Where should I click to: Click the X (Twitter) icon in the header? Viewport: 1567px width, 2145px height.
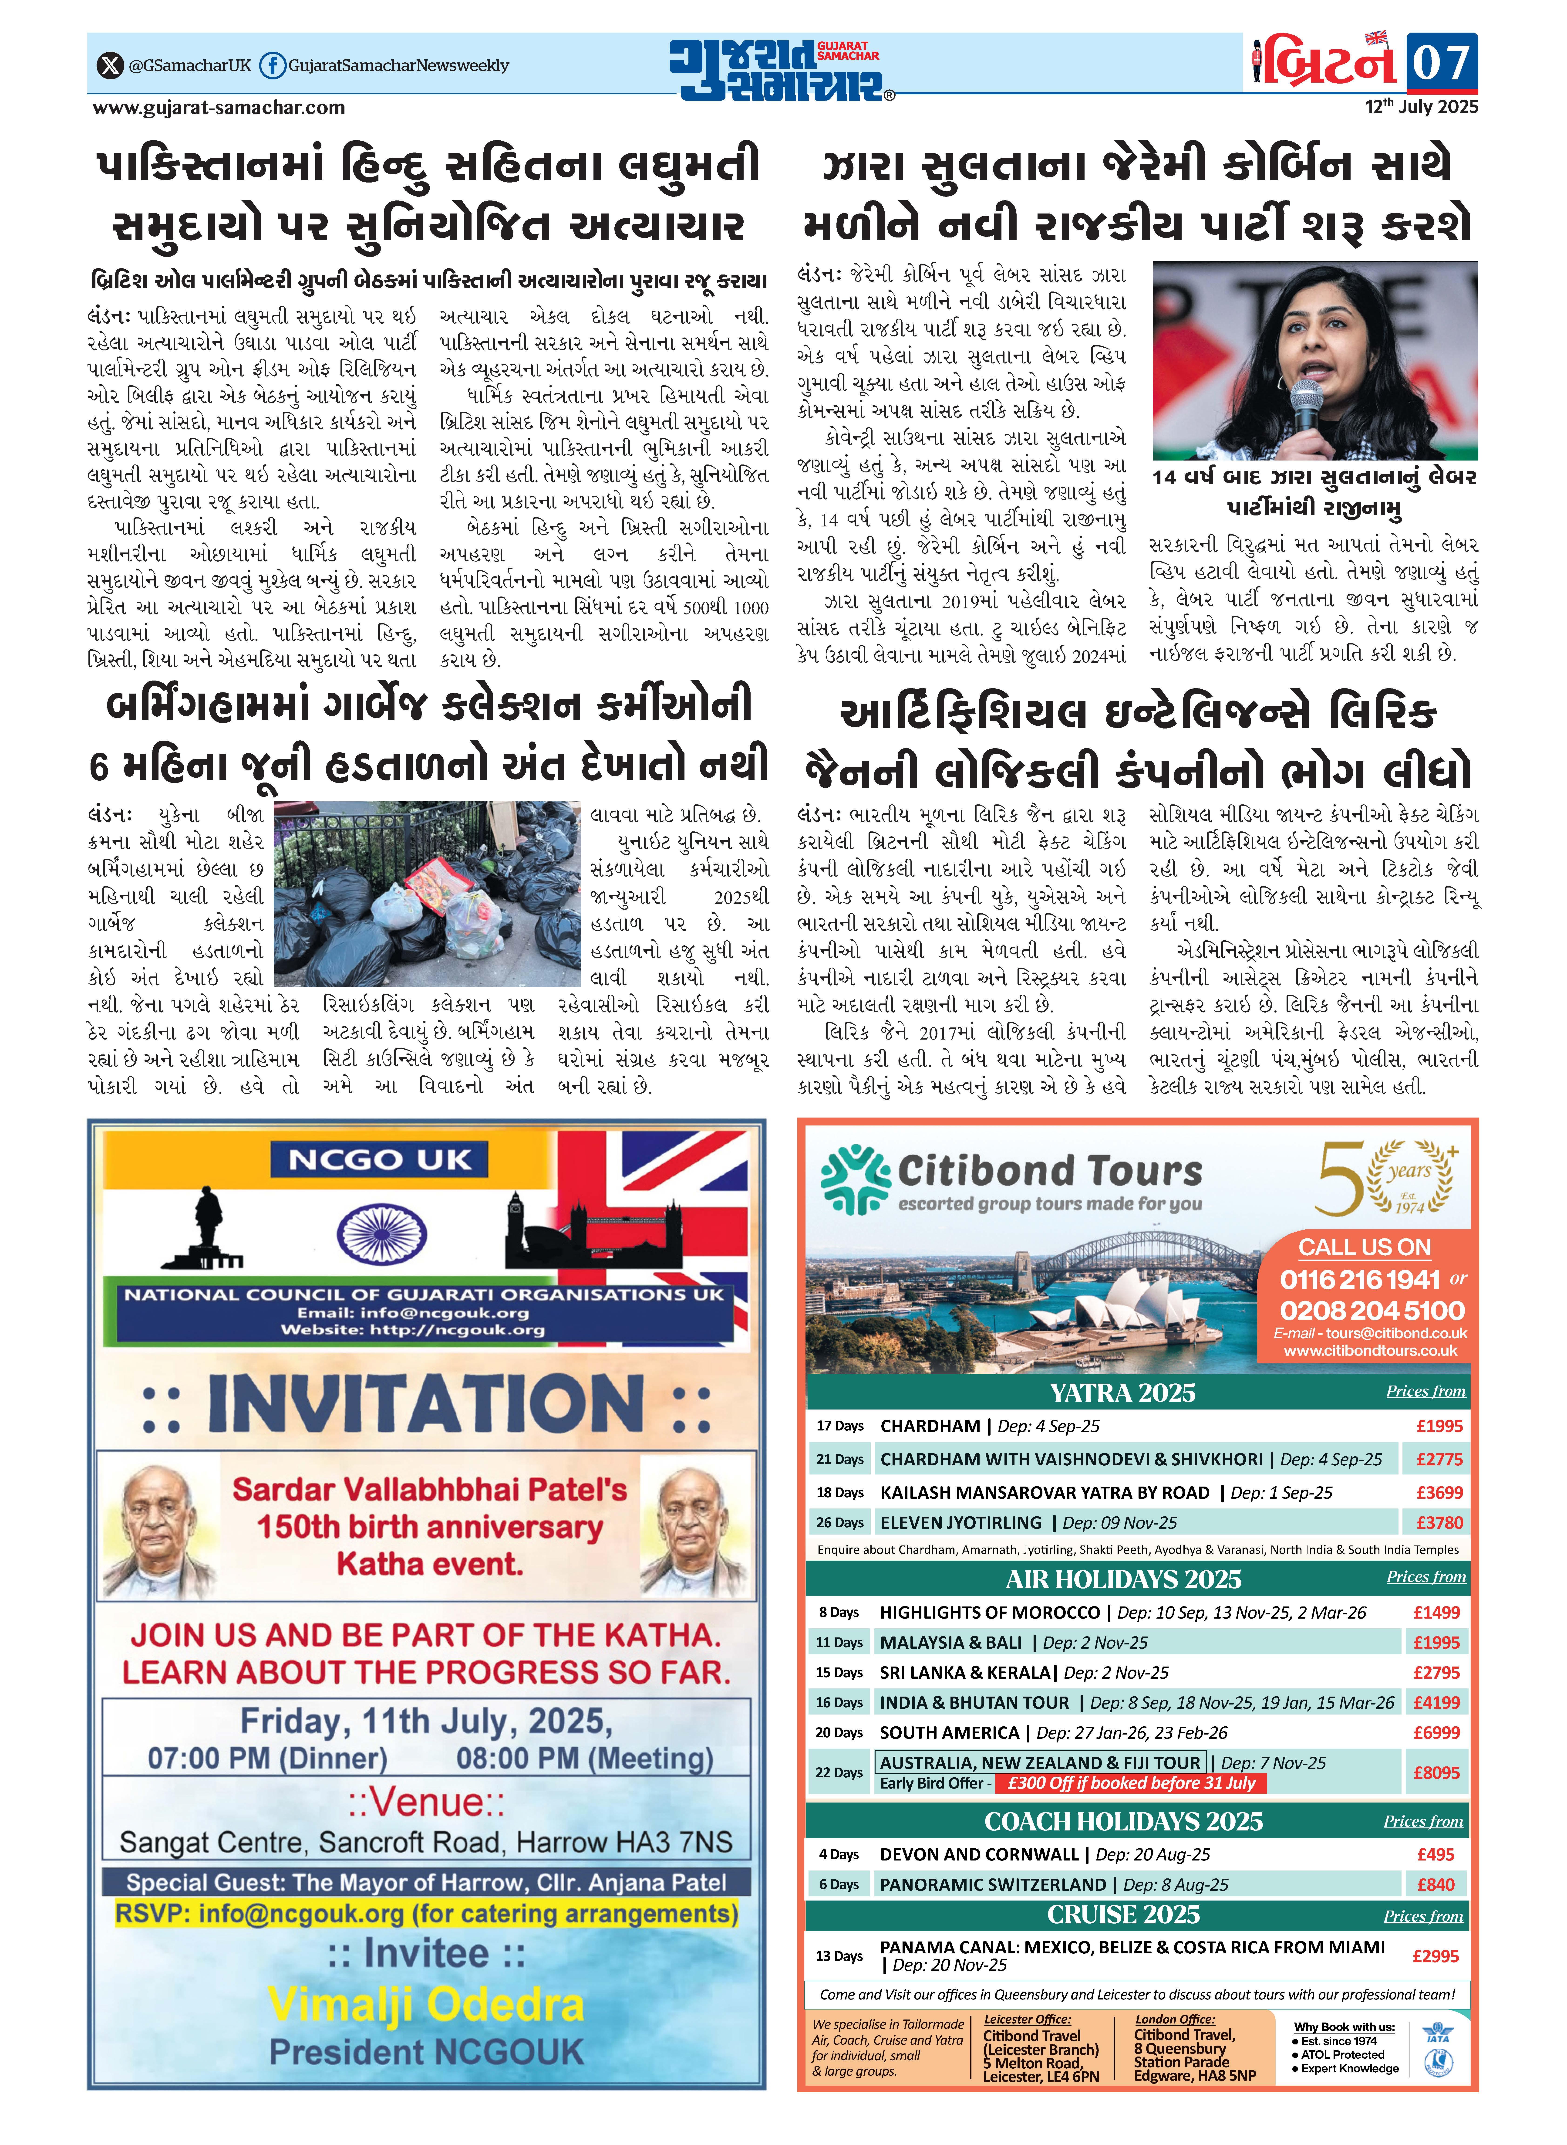[x=111, y=65]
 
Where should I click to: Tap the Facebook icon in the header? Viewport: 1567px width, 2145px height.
[x=272, y=65]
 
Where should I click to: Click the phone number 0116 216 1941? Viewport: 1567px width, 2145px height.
[x=1359, y=1280]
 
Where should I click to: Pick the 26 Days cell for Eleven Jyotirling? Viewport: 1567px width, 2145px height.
[x=839, y=1523]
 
